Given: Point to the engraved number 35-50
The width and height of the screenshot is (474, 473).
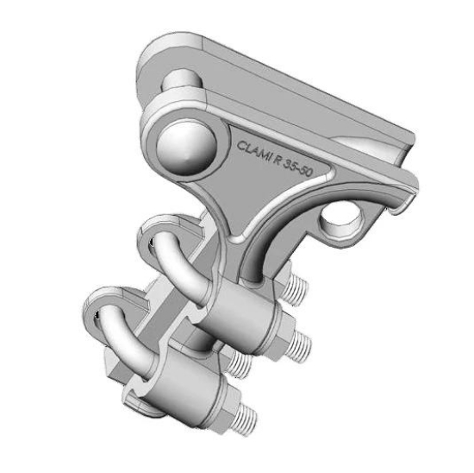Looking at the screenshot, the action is click(x=298, y=169).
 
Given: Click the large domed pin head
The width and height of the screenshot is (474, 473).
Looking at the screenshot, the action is click(x=186, y=148).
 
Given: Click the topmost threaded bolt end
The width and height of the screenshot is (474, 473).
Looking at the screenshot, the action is click(x=296, y=290).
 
